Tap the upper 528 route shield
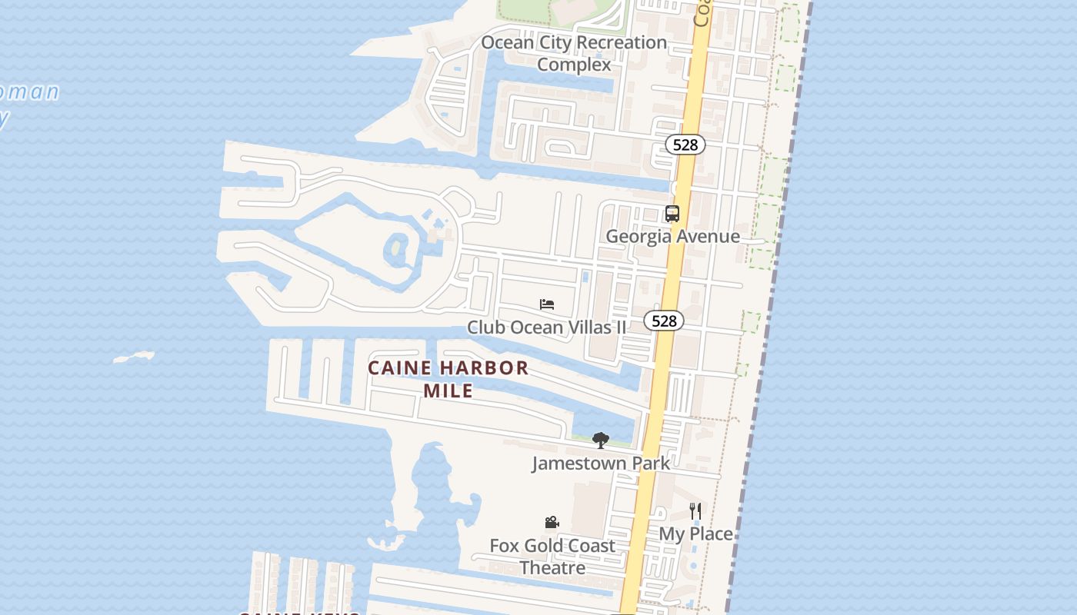click(685, 145)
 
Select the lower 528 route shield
click(663, 321)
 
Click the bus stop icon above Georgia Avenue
click(672, 214)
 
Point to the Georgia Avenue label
click(672, 236)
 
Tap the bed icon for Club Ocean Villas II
click(547, 304)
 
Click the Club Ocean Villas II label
click(546, 327)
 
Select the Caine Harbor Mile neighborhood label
click(448, 378)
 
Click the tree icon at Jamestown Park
click(601, 440)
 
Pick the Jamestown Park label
click(601, 463)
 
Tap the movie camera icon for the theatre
click(552, 523)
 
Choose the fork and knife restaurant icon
click(695, 510)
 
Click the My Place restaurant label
click(695, 533)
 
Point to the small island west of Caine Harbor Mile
click(134, 357)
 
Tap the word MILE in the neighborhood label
click(448, 390)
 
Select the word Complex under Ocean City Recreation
click(574, 65)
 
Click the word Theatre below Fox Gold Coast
click(552, 568)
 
